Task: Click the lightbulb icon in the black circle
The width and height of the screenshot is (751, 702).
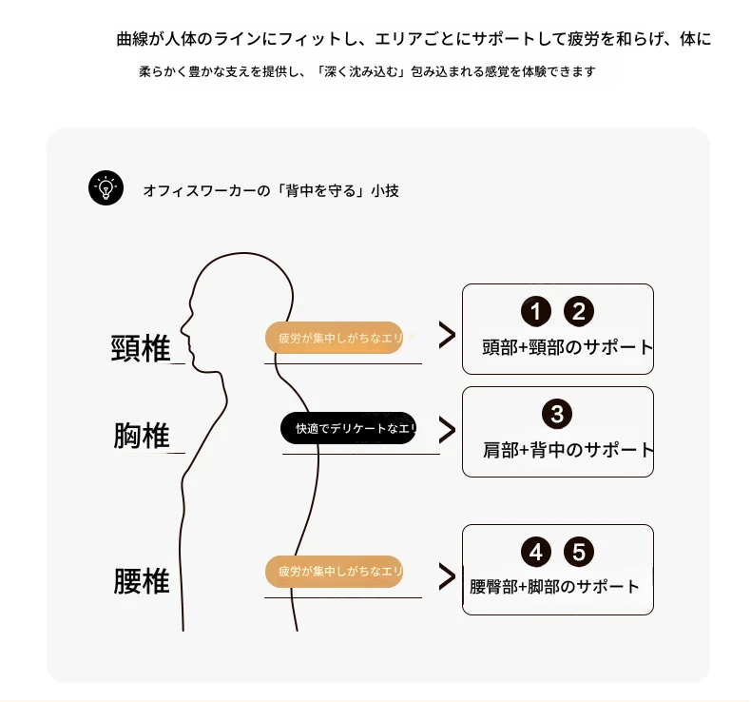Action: (x=106, y=187)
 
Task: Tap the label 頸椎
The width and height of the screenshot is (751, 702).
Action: (x=141, y=348)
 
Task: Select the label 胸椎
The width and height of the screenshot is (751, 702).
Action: (x=142, y=436)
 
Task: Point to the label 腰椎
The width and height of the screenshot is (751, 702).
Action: (x=142, y=580)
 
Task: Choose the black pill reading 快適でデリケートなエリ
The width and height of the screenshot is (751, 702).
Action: (x=349, y=428)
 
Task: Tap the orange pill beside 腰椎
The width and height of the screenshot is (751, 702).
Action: (x=334, y=572)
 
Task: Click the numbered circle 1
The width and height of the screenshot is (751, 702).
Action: (x=535, y=311)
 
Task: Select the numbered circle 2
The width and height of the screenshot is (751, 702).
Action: (x=579, y=311)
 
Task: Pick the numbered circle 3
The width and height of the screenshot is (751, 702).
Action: (x=557, y=414)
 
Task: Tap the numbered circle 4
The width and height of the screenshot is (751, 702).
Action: (x=536, y=553)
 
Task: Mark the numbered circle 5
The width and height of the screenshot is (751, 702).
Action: (x=579, y=553)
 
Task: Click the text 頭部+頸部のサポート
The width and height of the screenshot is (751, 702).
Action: (x=568, y=346)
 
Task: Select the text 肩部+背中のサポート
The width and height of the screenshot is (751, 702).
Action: (x=568, y=449)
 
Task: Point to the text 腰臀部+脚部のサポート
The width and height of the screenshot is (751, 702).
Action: (x=554, y=586)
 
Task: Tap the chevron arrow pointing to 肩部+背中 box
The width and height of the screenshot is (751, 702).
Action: (x=446, y=429)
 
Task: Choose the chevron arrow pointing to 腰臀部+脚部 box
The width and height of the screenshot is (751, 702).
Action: (x=446, y=576)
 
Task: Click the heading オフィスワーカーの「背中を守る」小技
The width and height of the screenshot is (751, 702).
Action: (x=271, y=190)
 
